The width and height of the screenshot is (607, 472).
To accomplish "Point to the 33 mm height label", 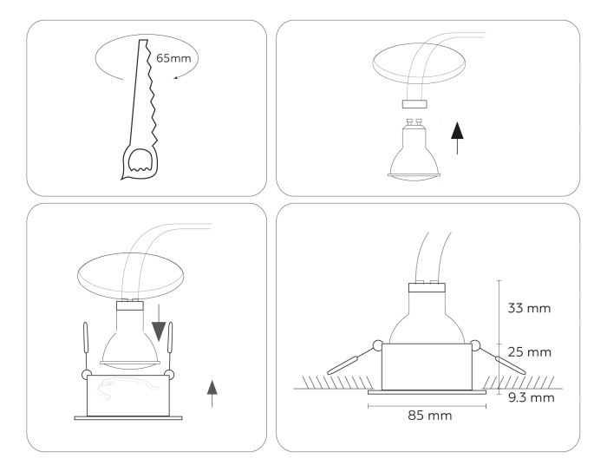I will (x=527, y=307).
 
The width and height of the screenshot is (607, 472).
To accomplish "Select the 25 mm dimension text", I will (x=527, y=353).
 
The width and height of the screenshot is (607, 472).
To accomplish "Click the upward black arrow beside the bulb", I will (x=458, y=137).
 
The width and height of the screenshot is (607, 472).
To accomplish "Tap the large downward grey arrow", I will (x=159, y=329).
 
